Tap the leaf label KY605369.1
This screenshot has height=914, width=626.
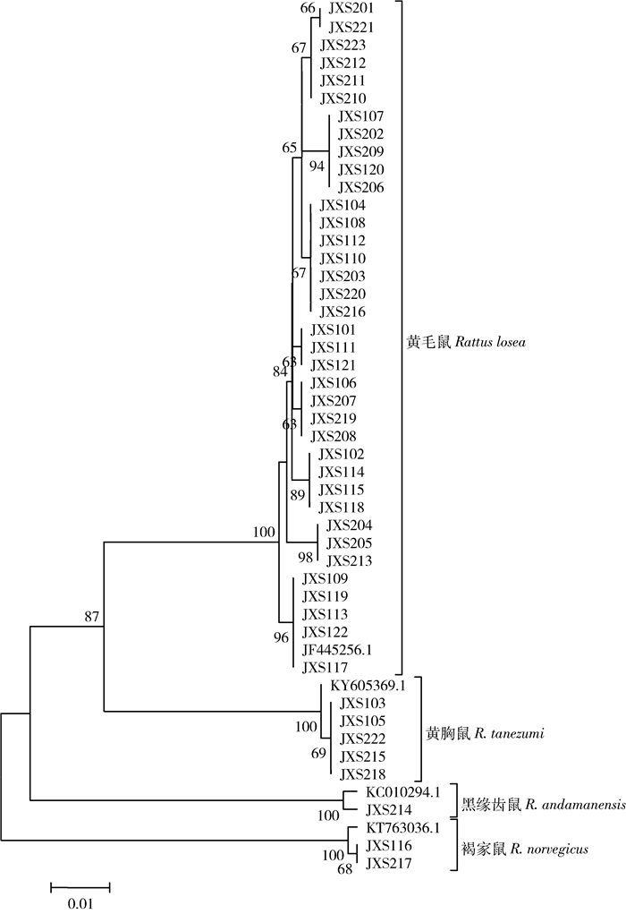pyautogui.click(x=368, y=686)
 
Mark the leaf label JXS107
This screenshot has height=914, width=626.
pyautogui.click(x=358, y=116)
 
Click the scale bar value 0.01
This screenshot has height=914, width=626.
pyautogui.click(x=80, y=903)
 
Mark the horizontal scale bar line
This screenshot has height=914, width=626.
pyautogui.click(x=80, y=886)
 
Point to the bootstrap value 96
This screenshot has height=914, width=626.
pyautogui.click(x=281, y=637)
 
